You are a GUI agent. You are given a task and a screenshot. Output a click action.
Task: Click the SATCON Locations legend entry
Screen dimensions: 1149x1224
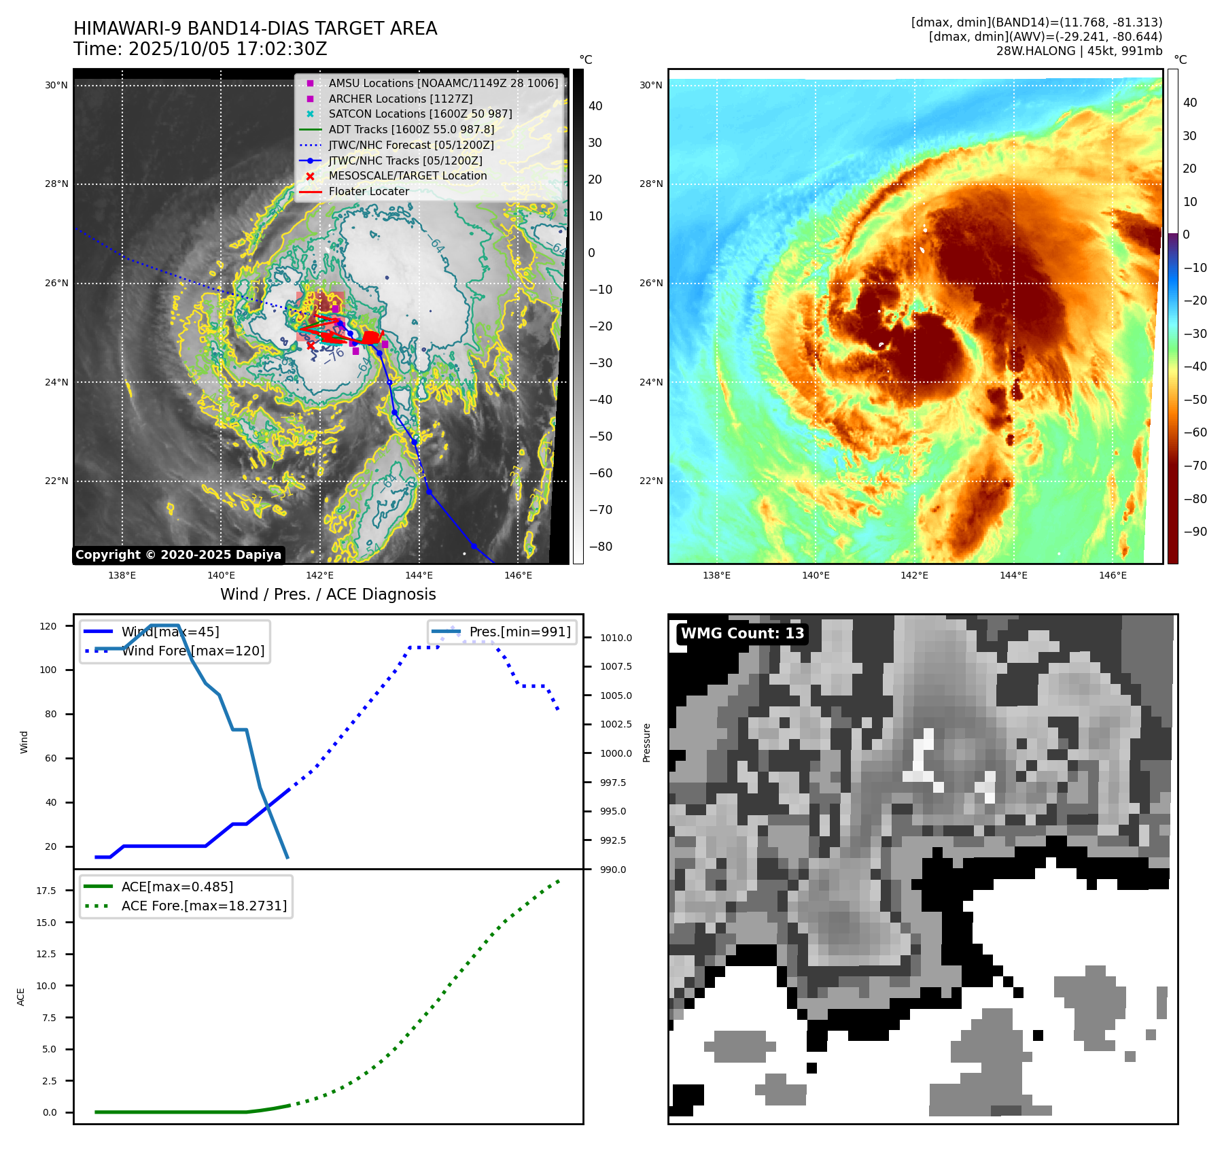point(420,114)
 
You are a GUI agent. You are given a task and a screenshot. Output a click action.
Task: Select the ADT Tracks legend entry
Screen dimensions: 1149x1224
point(411,129)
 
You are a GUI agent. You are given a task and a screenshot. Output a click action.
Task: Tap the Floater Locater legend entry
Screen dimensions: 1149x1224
point(369,192)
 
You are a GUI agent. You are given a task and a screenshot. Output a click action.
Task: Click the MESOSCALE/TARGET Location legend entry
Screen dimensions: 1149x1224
point(408,176)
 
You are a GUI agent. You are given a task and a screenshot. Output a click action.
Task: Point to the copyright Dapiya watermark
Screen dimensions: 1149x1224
point(178,555)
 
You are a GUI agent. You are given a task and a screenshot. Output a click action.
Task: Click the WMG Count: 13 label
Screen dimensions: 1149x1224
point(742,634)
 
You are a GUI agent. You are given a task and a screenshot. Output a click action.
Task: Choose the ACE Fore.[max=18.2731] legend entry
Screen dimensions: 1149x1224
point(204,906)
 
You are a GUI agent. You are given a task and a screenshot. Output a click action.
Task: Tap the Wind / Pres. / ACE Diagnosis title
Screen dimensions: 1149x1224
point(328,595)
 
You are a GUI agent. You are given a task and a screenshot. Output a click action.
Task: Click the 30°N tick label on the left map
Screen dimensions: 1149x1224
point(57,86)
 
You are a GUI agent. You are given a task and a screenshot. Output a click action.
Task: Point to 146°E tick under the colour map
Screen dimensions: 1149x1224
point(1113,576)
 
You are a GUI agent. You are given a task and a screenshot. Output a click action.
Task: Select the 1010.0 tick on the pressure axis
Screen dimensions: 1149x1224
point(616,638)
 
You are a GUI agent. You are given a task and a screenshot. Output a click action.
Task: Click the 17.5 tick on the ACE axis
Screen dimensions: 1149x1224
point(46,891)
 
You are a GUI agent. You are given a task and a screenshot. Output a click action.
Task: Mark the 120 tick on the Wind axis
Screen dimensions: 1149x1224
point(48,626)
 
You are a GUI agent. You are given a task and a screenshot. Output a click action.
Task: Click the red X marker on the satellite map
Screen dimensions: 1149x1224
point(311,346)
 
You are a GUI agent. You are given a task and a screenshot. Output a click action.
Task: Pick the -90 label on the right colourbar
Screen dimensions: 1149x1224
point(1195,532)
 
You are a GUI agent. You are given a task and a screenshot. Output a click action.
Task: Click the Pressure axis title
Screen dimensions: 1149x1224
point(647,742)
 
